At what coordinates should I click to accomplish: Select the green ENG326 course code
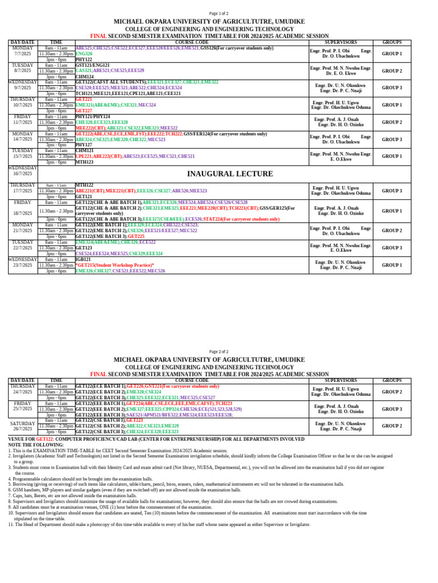click(x=84, y=54)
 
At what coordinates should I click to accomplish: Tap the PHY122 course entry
click(x=84, y=59)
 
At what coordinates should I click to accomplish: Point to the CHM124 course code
click(x=84, y=76)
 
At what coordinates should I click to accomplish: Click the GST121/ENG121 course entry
click(x=92, y=65)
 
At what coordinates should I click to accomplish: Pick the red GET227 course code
click(x=83, y=110)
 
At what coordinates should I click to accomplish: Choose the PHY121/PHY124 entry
click(x=93, y=117)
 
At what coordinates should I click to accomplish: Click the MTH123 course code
click(x=84, y=162)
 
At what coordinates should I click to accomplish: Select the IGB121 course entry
click(x=83, y=259)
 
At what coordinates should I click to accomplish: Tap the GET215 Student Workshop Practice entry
click(x=115, y=265)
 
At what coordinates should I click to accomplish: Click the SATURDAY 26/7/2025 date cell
click(x=23, y=426)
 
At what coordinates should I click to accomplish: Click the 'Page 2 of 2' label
click(x=219, y=352)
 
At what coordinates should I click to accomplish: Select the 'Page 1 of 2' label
click(x=219, y=14)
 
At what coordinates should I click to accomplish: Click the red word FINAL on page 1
click(x=99, y=35)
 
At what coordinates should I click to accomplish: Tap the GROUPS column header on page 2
click(x=392, y=380)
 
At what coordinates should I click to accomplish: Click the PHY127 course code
click(x=84, y=145)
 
